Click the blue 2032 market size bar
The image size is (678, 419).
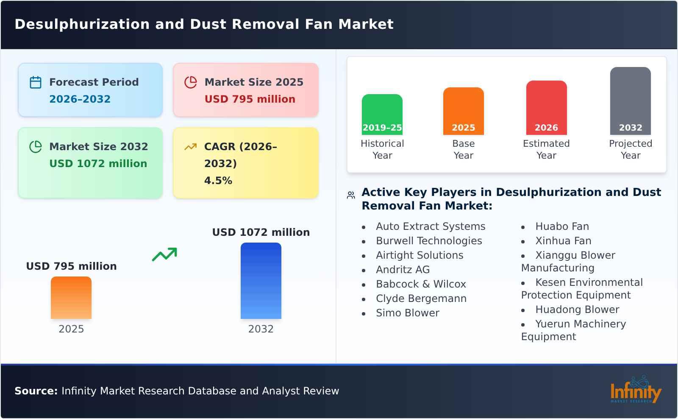tap(261, 280)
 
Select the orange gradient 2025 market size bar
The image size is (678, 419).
tap(71, 297)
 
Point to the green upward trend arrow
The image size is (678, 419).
tap(164, 254)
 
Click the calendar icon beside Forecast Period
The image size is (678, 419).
tap(36, 82)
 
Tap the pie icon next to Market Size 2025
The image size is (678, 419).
tap(191, 82)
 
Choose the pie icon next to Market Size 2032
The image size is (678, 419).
tap(36, 147)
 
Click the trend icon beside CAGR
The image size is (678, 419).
tap(191, 147)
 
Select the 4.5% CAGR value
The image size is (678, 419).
tap(218, 181)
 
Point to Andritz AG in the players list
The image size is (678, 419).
tap(403, 270)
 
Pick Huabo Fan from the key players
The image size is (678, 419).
tap(562, 226)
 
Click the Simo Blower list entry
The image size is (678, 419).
tap(407, 313)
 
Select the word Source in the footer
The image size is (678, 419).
tap(36, 391)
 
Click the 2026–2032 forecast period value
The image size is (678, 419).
tap(80, 99)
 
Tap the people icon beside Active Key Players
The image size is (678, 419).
tap(351, 195)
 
